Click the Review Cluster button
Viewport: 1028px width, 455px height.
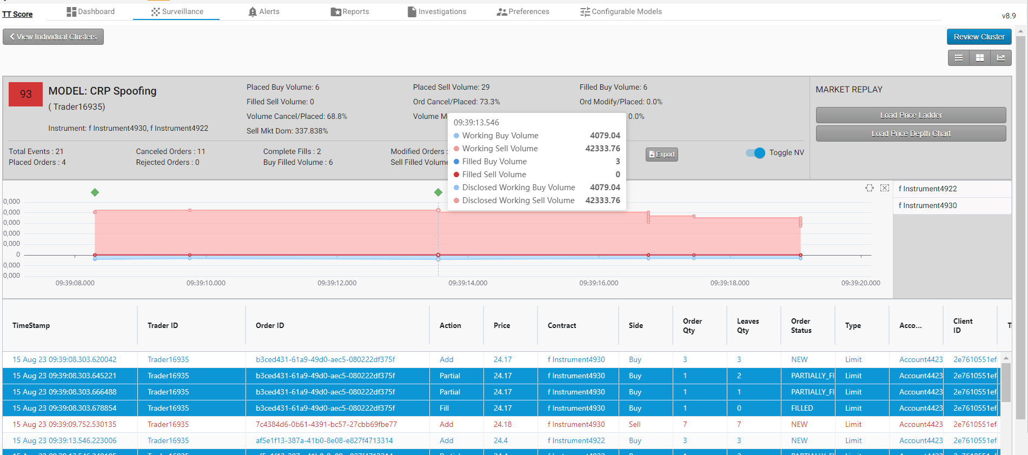coord(979,37)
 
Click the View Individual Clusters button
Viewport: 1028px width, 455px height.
coord(53,37)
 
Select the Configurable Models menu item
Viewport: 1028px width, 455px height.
coord(621,11)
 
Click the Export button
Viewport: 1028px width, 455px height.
coord(661,154)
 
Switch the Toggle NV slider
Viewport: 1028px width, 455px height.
coord(755,153)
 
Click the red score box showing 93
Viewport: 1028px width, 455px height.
coord(25,94)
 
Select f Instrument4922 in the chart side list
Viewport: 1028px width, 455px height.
coord(927,189)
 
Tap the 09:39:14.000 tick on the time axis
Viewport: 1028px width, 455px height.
coord(468,283)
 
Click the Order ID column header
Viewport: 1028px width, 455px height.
coord(270,325)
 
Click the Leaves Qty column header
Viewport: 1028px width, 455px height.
coord(747,325)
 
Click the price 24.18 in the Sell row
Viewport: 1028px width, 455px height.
coord(502,424)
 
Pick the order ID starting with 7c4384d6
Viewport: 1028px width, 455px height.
coord(326,424)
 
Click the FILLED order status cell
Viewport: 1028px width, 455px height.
coord(802,408)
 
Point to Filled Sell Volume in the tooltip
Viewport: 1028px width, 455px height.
coord(494,175)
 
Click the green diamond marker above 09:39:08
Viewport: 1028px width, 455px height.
coord(95,192)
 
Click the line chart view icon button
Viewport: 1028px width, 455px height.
coord(1000,58)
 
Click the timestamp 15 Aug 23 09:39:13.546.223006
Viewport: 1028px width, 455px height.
coord(64,440)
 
